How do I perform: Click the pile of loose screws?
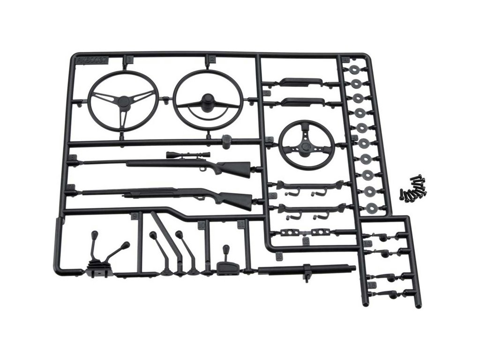(414, 188)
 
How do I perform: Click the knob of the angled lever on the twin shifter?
(126, 245)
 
